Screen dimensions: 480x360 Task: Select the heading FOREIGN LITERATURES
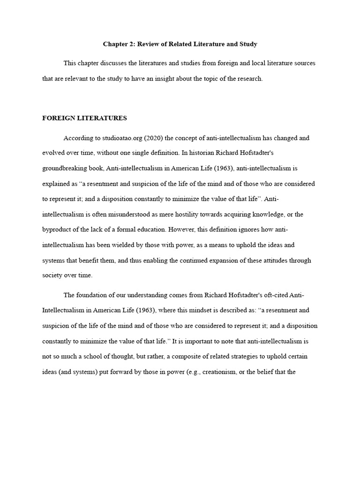pyautogui.click(x=84, y=118)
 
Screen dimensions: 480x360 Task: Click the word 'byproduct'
pyautogui.click(x=57, y=230)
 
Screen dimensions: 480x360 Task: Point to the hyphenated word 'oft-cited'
pyautogui.click(x=276, y=295)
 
